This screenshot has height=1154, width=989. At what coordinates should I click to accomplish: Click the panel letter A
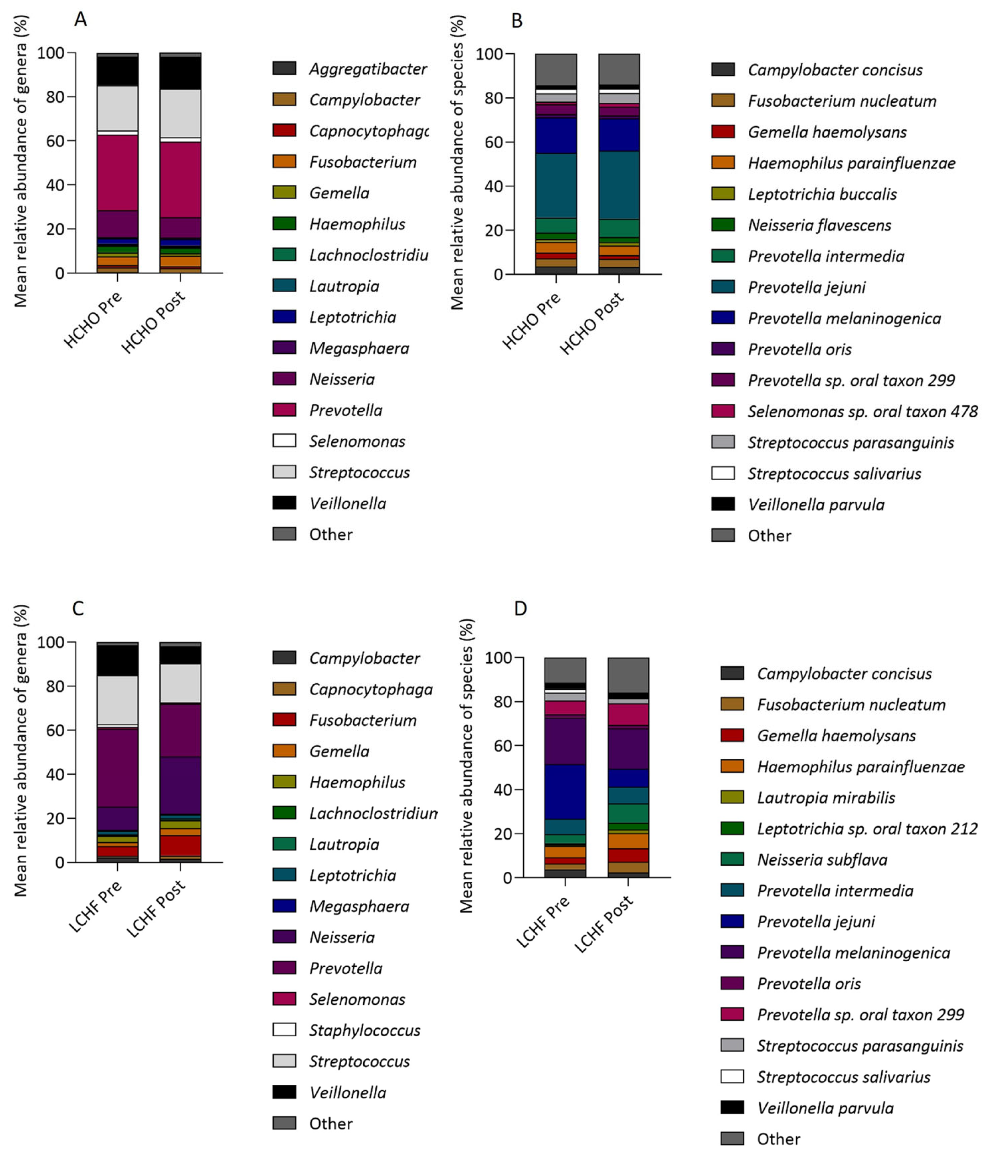(80, 20)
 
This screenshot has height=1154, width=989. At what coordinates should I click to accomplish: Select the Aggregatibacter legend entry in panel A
(368, 69)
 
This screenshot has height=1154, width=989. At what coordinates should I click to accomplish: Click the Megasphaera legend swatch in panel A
(284, 348)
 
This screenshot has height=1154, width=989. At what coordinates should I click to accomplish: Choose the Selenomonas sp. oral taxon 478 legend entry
(862, 412)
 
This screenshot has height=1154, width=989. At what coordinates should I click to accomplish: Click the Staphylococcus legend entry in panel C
(364, 1030)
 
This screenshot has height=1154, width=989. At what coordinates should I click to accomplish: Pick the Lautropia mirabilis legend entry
(825, 797)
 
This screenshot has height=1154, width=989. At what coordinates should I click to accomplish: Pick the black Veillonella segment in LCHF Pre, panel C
(118, 660)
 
